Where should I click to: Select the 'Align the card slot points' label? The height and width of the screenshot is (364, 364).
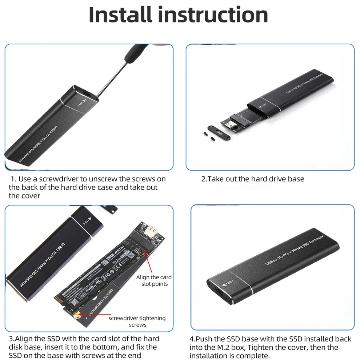(154, 280)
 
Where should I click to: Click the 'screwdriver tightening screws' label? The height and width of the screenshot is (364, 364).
(137, 321)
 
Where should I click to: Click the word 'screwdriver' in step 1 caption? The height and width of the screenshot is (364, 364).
(56, 179)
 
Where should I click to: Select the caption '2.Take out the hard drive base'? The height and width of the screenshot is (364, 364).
(253, 179)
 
